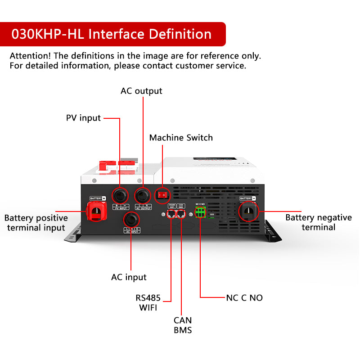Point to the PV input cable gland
coord(120,195)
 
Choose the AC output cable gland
coord(143,195)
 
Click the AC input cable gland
coord(131,219)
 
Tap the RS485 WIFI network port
coord(171,214)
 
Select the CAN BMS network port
coord(181,214)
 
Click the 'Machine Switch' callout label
coord(181,138)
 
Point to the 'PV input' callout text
coord(83,118)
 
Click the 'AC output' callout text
coord(141,91)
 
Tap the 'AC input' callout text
coord(129,277)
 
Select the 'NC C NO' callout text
coord(244,298)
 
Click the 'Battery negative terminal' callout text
coord(319,222)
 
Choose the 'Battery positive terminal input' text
coord(36,223)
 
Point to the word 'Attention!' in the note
coord(30,56)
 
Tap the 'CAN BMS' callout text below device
coord(183,325)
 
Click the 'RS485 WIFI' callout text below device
coord(148,303)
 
